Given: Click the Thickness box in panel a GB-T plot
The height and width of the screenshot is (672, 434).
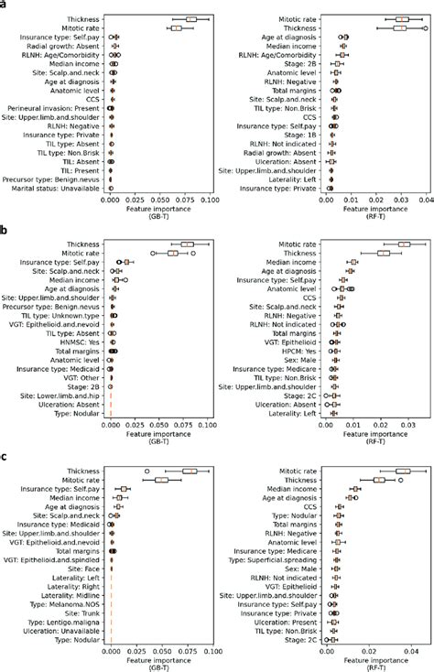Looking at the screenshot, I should tap(190, 18).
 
